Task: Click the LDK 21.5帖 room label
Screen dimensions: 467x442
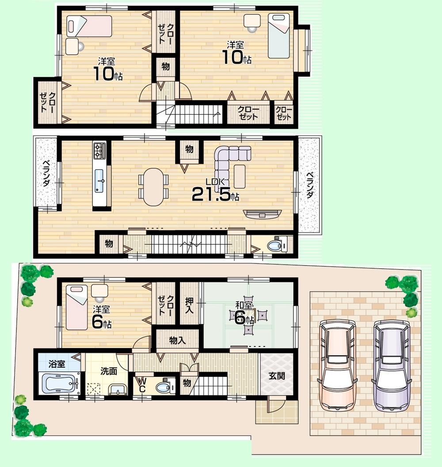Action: tap(215, 190)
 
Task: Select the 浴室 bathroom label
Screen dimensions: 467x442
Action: tap(57, 364)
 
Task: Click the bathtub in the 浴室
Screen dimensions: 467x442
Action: tap(58, 382)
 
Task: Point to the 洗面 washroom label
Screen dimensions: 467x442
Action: tap(108, 371)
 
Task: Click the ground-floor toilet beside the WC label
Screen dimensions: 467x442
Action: tap(164, 387)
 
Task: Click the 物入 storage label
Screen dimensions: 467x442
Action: tap(177, 340)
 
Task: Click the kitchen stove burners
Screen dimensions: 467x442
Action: tap(99, 151)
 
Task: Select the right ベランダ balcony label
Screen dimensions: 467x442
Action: tap(309, 186)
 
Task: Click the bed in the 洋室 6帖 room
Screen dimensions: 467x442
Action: tap(76, 306)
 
